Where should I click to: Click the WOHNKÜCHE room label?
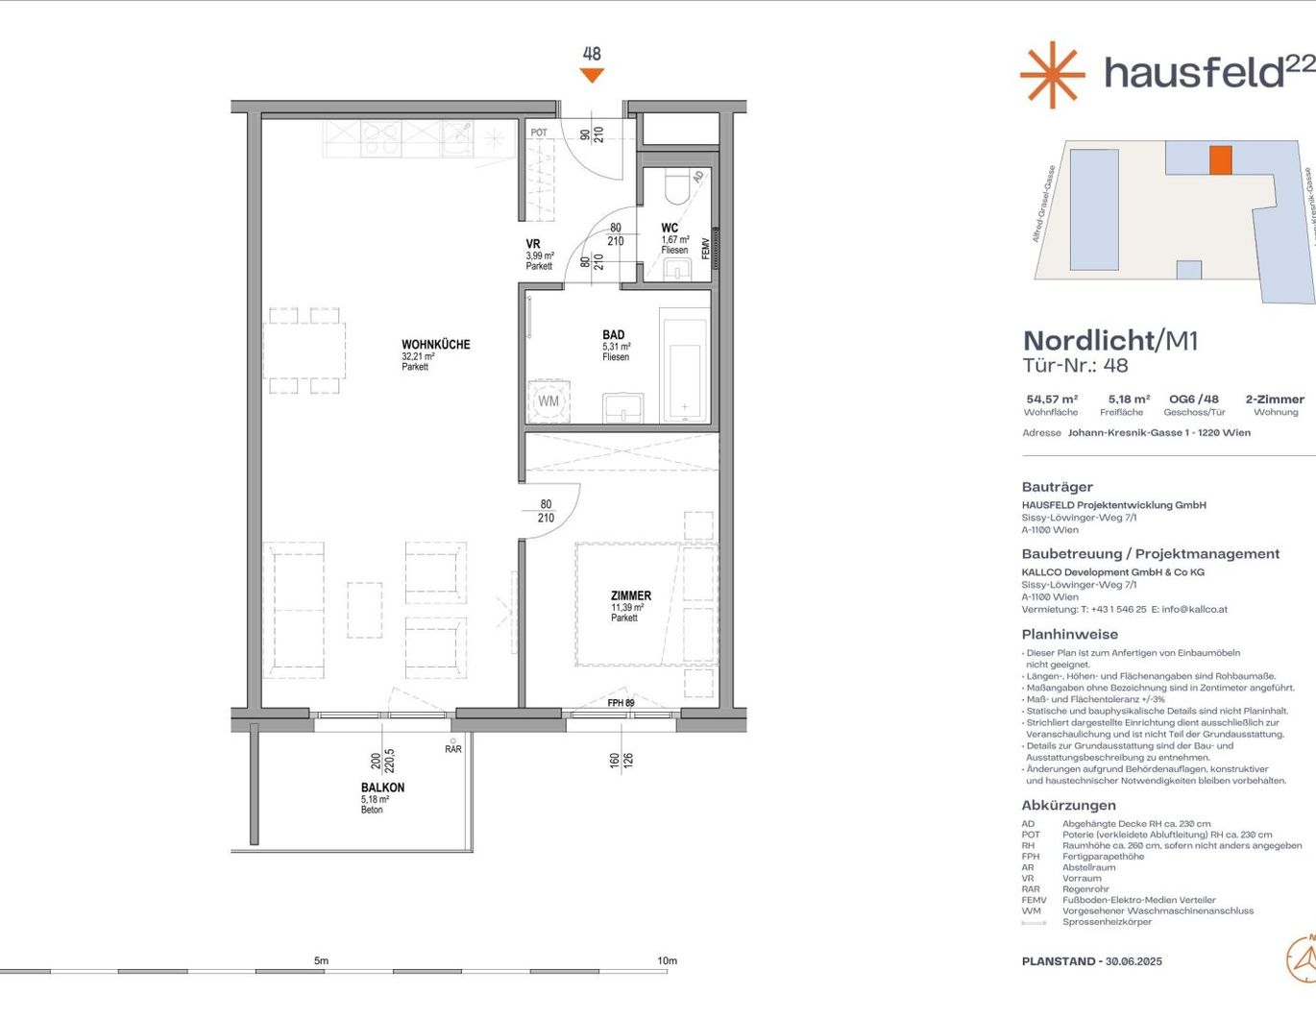coord(435,345)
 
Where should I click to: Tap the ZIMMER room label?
coord(630,596)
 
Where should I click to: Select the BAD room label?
coord(613,335)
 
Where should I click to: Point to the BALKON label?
coord(382,788)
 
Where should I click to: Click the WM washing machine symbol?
coord(548,401)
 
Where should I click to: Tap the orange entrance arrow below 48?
coord(592,76)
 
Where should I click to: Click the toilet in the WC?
coord(677,186)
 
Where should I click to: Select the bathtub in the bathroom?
coord(685,365)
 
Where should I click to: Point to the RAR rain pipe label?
coord(452,749)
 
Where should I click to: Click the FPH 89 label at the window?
coord(621,703)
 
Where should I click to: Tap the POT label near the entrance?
coord(539,133)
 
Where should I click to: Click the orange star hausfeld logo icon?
coord(1052,74)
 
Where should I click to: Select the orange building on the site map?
coord(1220,159)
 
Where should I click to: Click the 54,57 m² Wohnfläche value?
coord(1051,400)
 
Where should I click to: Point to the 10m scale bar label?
coord(667,960)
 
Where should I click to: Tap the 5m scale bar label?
coord(321,960)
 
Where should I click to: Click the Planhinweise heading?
coord(1069,634)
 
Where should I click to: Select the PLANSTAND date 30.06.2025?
coord(1133,961)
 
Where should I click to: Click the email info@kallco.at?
coord(1194,609)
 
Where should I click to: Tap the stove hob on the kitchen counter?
coord(381,139)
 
